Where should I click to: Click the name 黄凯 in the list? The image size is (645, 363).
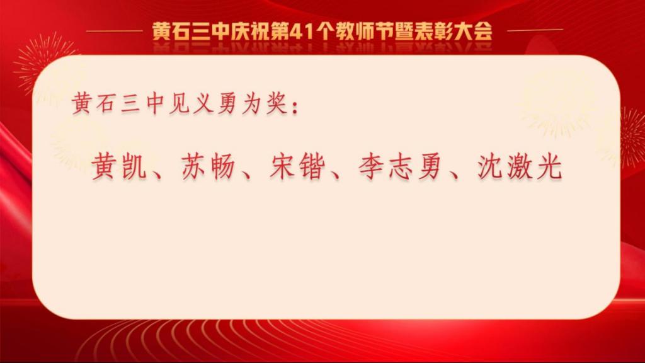tap(119, 166)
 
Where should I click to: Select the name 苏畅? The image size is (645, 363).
tap(208, 166)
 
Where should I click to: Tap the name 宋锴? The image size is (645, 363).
tap(297, 166)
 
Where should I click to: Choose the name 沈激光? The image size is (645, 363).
tap(520, 166)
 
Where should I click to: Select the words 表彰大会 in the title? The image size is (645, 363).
tap(444, 32)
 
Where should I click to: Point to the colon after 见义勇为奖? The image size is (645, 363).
tap(294, 106)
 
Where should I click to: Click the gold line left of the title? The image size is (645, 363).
tap(115, 31)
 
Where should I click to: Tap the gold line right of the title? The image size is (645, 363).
tap(535, 30)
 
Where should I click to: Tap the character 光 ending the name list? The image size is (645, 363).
tap(549, 166)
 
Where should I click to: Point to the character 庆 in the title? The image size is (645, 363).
tap(240, 32)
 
